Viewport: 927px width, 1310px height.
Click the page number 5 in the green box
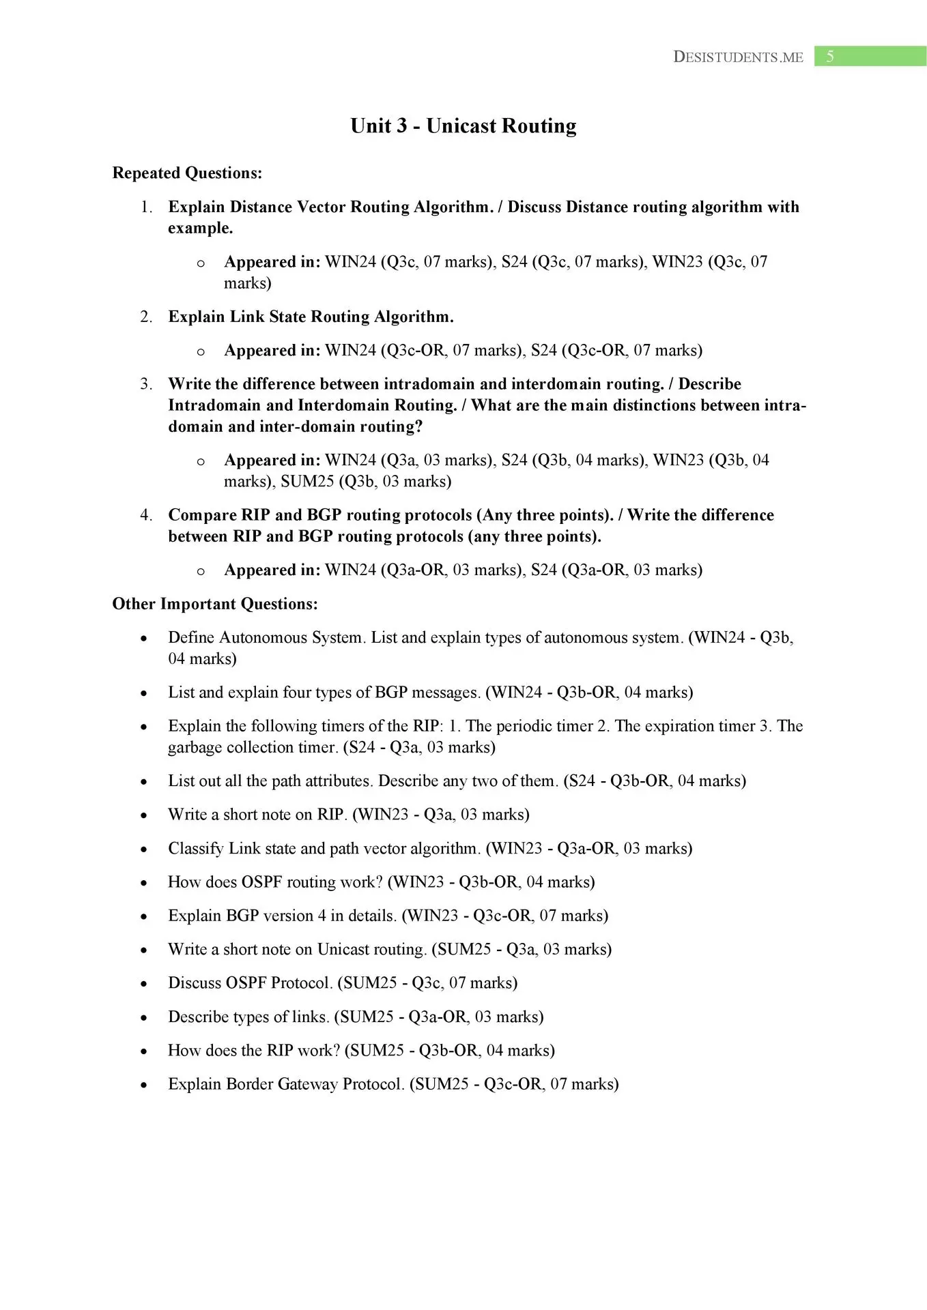(x=830, y=57)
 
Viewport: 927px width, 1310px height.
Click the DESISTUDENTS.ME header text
(x=738, y=57)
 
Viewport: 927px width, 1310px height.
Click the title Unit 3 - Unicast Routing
(x=463, y=126)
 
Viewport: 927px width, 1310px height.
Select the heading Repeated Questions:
(x=187, y=173)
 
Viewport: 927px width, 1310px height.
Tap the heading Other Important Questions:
(x=215, y=604)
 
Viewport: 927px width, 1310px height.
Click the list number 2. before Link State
(x=146, y=317)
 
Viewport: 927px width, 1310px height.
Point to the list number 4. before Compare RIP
(x=146, y=515)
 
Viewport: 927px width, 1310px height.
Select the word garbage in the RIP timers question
(x=195, y=747)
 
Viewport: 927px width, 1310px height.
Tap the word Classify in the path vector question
(x=196, y=849)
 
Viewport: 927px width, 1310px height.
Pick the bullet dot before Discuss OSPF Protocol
(x=143, y=984)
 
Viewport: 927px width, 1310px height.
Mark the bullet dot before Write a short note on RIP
(x=143, y=815)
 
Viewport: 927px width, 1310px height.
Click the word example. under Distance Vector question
(x=201, y=229)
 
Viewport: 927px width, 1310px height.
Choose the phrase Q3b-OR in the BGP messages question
(x=586, y=693)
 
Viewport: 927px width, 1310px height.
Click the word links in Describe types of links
(x=310, y=1017)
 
